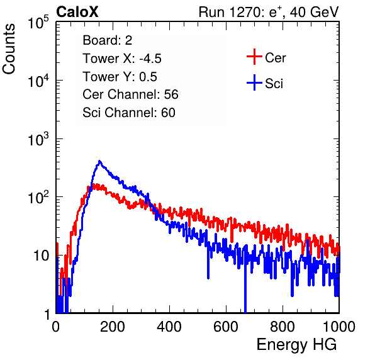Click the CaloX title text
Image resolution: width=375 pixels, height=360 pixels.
[77, 12]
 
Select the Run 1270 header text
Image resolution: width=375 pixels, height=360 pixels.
[269, 12]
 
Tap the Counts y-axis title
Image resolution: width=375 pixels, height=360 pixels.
[9, 49]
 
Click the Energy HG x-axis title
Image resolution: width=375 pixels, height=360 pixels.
[296, 344]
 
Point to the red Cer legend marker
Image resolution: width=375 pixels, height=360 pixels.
[254, 57]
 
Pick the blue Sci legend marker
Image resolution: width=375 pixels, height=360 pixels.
[254, 82]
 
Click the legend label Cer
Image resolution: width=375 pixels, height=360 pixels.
[275, 58]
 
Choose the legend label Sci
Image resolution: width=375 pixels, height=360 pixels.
[274, 84]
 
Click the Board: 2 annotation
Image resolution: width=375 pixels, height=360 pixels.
[108, 40]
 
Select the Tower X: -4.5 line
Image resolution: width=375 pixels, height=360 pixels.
[122, 59]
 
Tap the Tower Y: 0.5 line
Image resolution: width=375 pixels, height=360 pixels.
[120, 77]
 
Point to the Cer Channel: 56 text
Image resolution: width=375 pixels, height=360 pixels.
[130, 94]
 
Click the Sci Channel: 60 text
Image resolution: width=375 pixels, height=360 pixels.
[129, 113]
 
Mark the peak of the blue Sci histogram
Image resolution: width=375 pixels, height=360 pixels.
[99, 161]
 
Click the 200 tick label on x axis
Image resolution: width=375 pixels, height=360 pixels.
[113, 326]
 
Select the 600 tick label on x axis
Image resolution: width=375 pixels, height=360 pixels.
[226, 326]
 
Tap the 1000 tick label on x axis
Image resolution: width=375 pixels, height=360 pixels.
[339, 326]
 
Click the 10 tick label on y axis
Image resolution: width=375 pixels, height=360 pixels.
[42, 256]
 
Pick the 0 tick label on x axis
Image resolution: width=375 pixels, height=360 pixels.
[55, 326]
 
